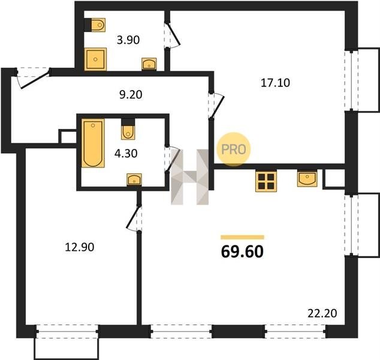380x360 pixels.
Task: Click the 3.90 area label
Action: (x=128, y=40)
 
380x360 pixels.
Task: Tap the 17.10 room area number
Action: (x=275, y=83)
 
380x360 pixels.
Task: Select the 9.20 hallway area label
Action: (x=131, y=95)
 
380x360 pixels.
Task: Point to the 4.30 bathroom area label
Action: (x=126, y=154)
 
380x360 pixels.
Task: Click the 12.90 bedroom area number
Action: (x=80, y=247)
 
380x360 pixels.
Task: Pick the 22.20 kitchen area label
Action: (x=322, y=313)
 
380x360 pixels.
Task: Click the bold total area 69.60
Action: (x=242, y=251)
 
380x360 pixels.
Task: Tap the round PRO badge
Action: (x=233, y=149)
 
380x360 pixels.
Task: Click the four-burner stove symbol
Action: (x=266, y=181)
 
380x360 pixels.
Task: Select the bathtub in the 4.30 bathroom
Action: (x=93, y=143)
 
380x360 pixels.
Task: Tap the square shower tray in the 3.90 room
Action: (x=95, y=59)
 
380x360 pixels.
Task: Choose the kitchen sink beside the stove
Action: (x=307, y=179)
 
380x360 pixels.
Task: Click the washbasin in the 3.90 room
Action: (x=149, y=64)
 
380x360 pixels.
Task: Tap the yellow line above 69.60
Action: (x=242, y=237)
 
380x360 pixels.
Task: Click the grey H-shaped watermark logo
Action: (x=190, y=177)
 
